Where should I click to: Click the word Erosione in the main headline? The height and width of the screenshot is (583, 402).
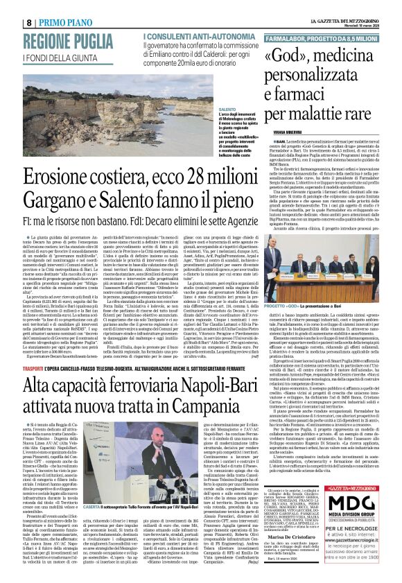point(68,177)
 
